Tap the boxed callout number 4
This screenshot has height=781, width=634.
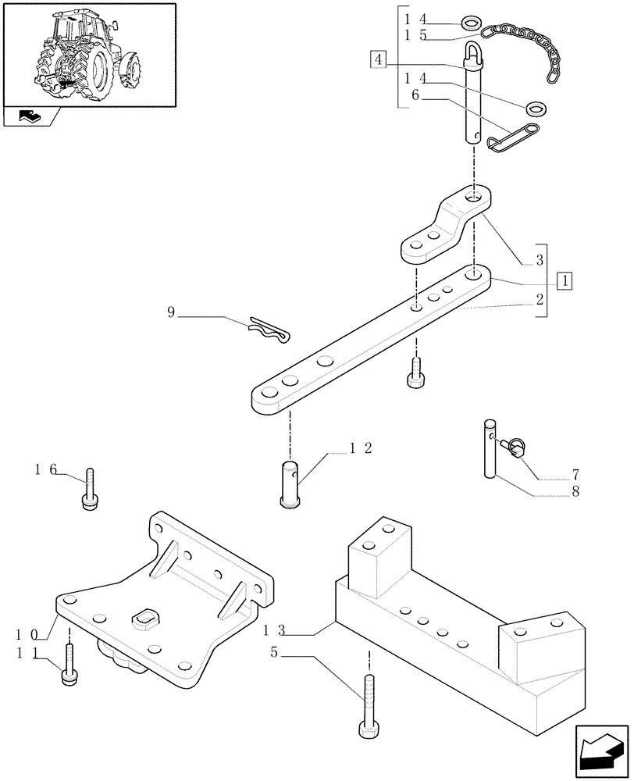tap(378, 59)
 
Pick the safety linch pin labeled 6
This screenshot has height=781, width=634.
tap(511, 134)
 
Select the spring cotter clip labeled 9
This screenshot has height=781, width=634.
tap(267, 330)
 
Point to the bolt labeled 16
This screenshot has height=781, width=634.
tap(91, 490)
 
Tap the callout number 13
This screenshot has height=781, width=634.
tap(276, 629)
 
